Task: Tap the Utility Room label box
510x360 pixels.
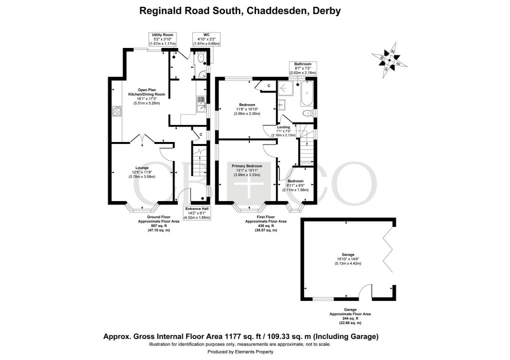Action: pyautogui.click(x=162, y=39)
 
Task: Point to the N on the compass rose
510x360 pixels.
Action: pyautogui.click(x=392, y=52)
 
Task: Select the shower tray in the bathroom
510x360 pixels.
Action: pyautogui.click(x=286, y=89)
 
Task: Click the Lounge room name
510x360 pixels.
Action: pyautogui.click(x=142, y=168)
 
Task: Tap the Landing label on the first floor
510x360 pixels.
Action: pyautogui.click(x=283, y=127)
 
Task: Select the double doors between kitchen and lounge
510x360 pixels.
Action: pyautogui.click(x=142, y=139)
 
